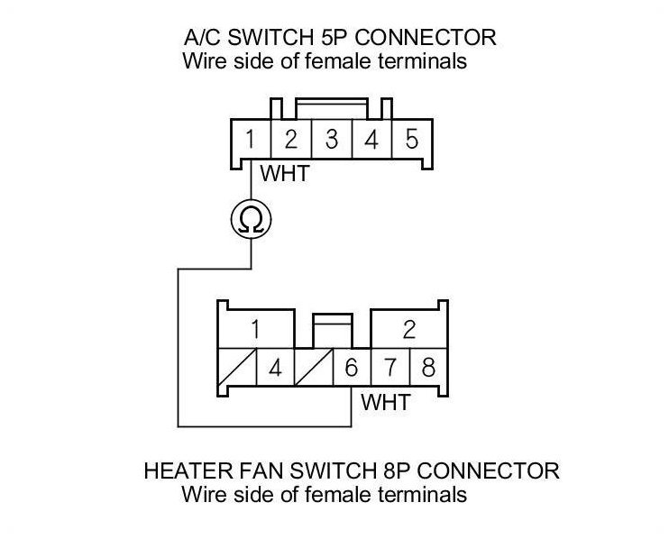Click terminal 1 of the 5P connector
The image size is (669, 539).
249,141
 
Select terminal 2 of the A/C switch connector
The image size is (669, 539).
290,141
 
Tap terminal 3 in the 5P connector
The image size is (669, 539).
331,141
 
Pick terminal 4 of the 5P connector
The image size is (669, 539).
371,141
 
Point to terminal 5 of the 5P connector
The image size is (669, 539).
411,141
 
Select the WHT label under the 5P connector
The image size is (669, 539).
284,172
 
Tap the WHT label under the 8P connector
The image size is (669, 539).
386,401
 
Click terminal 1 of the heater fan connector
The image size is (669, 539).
255,329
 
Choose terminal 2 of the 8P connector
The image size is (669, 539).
408,329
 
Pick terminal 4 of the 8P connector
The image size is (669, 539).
275,369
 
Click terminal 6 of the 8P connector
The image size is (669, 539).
352,369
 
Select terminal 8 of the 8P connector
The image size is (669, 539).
426,369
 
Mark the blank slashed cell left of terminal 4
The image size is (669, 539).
238,369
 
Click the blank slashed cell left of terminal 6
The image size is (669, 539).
314,369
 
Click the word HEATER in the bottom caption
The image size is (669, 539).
182,471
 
